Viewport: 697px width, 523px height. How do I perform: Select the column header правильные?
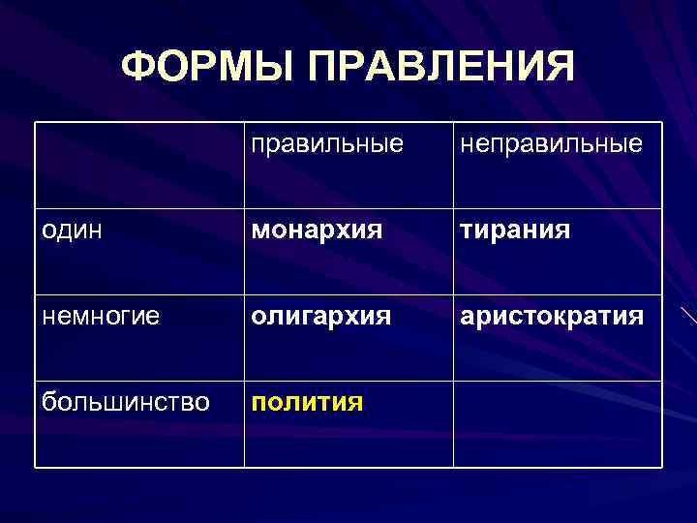pyautogui.click(x=326, y=144)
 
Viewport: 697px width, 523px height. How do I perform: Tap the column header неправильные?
pyautogui.click(x=551, y=144)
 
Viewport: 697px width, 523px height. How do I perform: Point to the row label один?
pyautogui.click(x=74, y=231)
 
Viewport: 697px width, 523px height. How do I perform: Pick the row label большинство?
pyautogui.click(x=126, y=401)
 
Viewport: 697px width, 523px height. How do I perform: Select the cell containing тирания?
pyautogui.click(x=515, y=231)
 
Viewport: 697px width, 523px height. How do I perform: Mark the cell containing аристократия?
pyautogui.click(x=551, y=317)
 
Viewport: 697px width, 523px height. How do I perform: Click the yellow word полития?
pyautogui.click(x=307, y=401)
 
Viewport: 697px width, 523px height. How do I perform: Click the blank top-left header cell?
pyautogui.click(x=139, y=165)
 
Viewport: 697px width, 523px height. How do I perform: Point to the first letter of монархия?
pyautogui.click(x=259, y=231)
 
